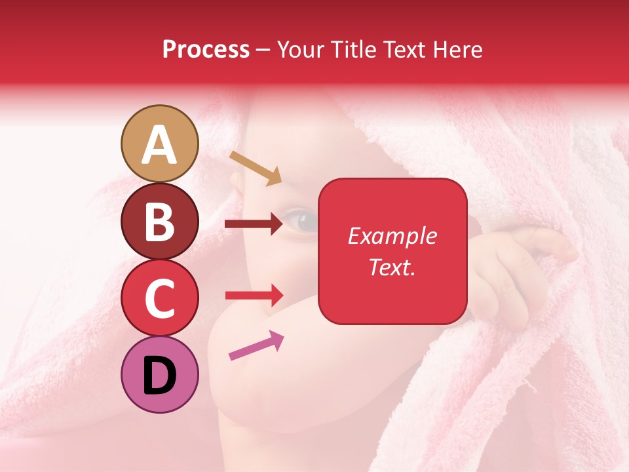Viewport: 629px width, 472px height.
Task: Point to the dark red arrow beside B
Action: pyautogui.click(x=254, y=224)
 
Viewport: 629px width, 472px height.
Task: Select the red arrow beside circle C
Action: pyautogui.click(x=254, y=295)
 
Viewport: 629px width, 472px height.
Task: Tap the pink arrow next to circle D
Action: pyautogui.click(x=256, y=345)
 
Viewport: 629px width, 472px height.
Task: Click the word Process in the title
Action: pyautogui.click(x=206, y=49)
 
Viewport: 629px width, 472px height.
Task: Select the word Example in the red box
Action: pyautogui.click(x=392, y=236)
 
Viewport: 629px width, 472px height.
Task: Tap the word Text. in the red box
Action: pyautogui.click(x=392, y=267)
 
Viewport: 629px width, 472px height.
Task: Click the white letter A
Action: pyautogui.click(x=159, y=145)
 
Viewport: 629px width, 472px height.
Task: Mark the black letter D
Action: pyautogui.click(x=159, y=376)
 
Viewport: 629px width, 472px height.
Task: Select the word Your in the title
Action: pyautogui.click(x=300, y=49)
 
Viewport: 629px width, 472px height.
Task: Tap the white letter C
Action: pyautogui.click(x=159, y=298)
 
